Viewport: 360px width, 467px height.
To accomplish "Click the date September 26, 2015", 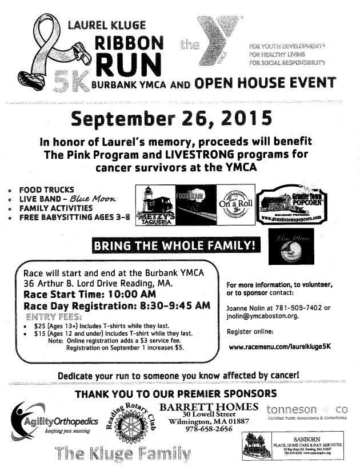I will point(171,119).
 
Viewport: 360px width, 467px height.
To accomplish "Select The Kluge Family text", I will point(123,454).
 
